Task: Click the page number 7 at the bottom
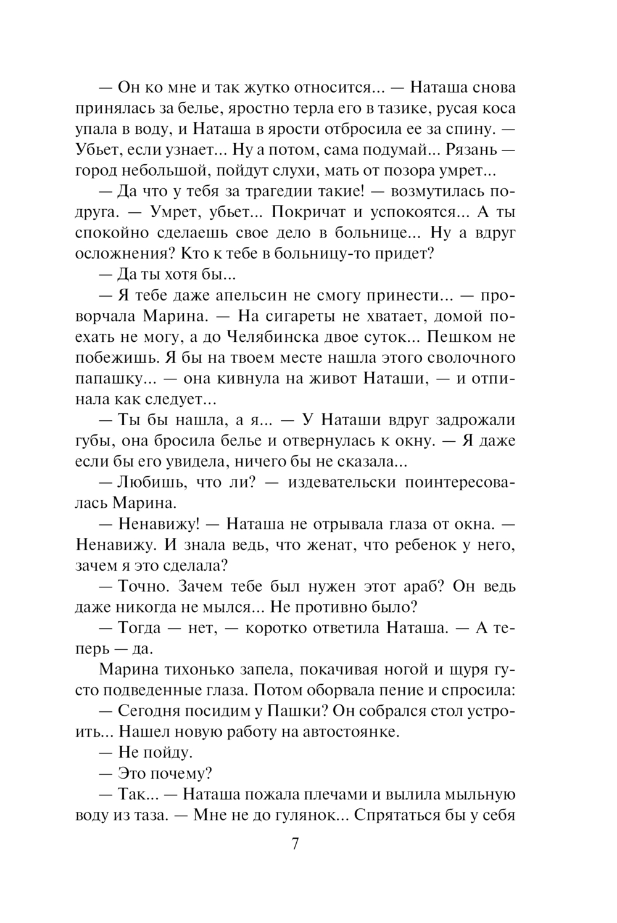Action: pyautogui.click(x=295, y=844)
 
